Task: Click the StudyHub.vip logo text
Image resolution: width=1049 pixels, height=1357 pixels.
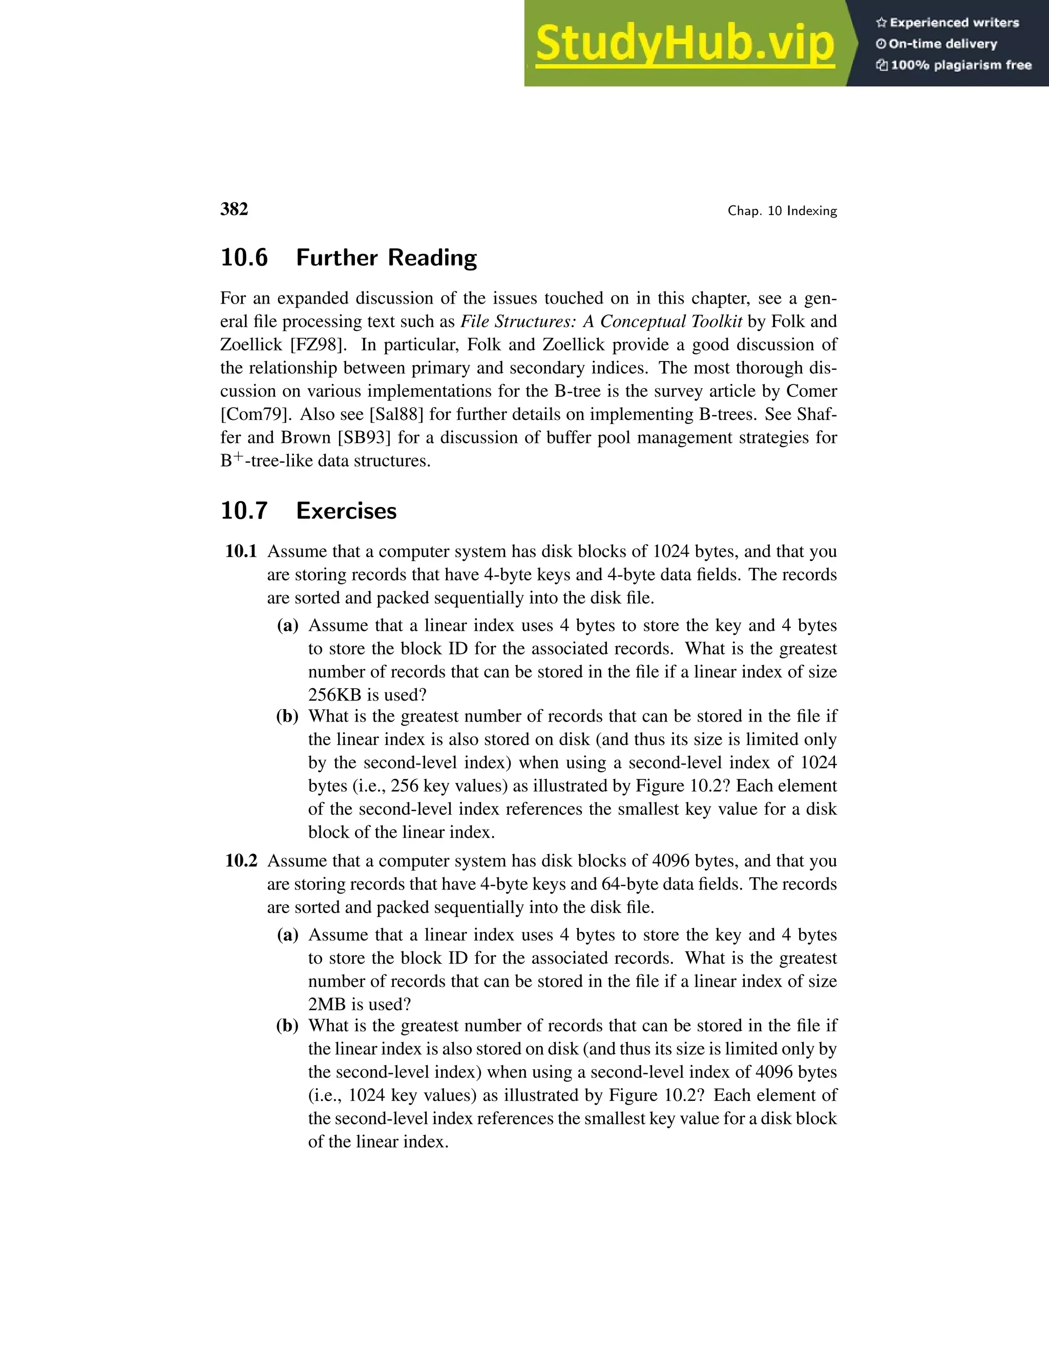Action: click(685, 44)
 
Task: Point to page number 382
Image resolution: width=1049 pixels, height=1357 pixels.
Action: click(234, 209)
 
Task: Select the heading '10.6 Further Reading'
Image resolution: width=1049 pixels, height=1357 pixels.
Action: click(349, 257)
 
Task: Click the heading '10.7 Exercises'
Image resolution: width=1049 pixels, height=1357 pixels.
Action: click(308, 511)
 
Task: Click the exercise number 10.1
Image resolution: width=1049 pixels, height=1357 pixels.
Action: click(241, 551)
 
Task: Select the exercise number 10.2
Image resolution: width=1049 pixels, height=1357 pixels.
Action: click(241, 861)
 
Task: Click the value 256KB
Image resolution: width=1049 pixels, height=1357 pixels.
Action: click(334, 695)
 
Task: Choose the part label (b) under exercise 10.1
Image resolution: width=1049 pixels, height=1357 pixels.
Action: click(287, 716)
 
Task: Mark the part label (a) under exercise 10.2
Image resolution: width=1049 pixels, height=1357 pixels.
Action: click(288, 935)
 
